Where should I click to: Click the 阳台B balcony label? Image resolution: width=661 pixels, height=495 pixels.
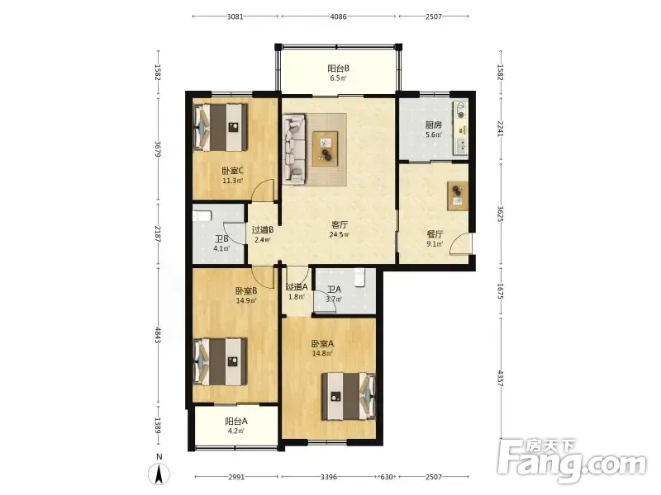click(338, 68)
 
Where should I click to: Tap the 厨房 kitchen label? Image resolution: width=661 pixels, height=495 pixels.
click(433, 125)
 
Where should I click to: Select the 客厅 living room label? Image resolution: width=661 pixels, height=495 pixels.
click(340, 224)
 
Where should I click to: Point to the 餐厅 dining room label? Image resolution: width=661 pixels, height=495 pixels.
click(435, 234)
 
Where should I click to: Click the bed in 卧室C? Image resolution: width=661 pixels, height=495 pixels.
click(220, 128)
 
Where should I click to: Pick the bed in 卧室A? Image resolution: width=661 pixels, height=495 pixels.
click(348, 396)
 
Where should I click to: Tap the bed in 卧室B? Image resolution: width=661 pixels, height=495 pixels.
click(220, 361)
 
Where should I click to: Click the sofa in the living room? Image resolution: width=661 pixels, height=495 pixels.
click(294, 149)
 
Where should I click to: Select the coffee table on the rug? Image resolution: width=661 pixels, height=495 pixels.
click(325, 148)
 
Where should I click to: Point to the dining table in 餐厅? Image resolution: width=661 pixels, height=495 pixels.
click(458, 196)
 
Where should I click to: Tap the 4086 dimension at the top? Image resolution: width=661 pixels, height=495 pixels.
click(338, 16)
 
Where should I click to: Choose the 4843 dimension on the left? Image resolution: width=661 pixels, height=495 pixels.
click(157, 335)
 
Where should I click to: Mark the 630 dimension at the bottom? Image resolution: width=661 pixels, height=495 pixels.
click(387, 477)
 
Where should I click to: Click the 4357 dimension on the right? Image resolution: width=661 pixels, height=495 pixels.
click(501, 379)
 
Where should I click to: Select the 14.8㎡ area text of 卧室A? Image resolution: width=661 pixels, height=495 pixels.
click(322, 353)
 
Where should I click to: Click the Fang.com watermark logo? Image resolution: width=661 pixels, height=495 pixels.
click(572, 461)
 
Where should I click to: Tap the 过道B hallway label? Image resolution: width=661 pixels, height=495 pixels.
click(263, 230)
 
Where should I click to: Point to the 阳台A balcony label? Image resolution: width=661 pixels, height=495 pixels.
click(236, 421)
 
